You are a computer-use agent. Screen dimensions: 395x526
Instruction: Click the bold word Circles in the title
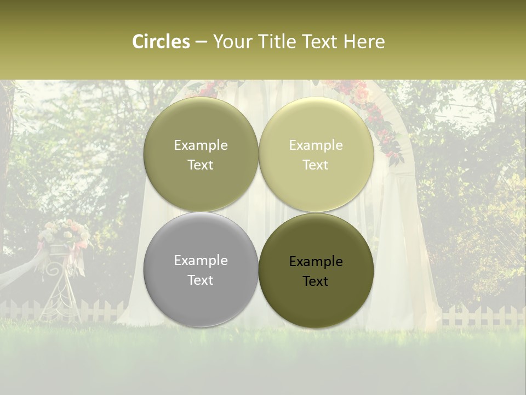coord(161,42)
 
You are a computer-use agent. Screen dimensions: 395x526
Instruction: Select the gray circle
coord(201,299)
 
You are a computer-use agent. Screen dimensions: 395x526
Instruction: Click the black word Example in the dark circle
coord(316,262)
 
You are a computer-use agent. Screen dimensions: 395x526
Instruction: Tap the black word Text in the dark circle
coord(316,281)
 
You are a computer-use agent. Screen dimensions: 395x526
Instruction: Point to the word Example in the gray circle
coord(201,261)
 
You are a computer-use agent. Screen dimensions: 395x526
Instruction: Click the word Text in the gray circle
coord(201,280)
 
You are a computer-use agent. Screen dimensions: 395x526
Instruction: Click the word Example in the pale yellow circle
coord(316,145)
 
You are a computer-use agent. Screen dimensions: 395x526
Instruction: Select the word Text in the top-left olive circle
coord(201,165)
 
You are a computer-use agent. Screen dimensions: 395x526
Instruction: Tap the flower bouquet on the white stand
coord(64,234)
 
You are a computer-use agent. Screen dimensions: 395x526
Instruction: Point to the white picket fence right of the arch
coord(482,315)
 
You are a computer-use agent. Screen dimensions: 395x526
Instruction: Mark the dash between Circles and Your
coord(201,42)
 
